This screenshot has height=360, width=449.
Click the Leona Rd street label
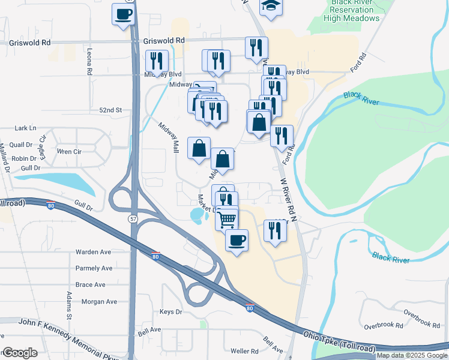(x=89, y=61)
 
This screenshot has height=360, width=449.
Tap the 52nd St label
(x=110, y=110)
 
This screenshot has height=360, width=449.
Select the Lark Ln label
(x=25, y=128)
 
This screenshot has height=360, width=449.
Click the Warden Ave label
(x=93, y=251)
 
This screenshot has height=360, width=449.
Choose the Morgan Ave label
(x=93, y=301)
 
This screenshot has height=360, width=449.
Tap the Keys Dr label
(x=171, y=312)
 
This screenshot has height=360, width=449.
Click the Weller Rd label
(x=244, y=351)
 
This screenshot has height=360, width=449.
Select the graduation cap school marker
(x=271, y=6)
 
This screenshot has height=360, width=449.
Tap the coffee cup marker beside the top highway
(x=123, y=14)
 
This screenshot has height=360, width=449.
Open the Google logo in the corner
(x=20, y=353)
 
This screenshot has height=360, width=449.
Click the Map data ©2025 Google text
(x=411, y=355)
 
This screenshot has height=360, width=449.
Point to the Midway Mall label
(x=169, y=137)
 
